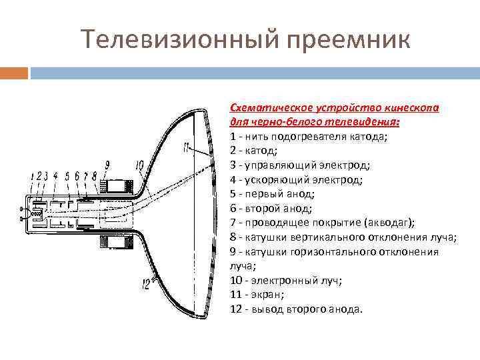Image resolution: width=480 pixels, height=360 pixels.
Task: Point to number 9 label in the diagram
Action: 108,163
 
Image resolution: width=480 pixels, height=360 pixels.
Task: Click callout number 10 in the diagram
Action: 139,165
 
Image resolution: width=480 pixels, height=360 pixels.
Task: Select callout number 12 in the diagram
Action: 145,285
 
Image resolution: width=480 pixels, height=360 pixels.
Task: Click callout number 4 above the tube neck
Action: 55,176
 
